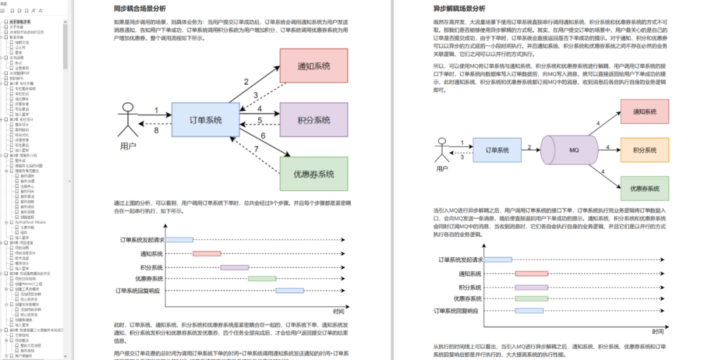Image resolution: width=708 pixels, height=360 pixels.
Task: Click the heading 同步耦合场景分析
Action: click(x=140, y=9)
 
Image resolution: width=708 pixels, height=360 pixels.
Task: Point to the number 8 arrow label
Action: click(x=156, y=130)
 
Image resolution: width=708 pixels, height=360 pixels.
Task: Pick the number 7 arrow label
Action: click(x=258, y=150)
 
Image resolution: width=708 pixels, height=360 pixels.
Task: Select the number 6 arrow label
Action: click(x=263, y=136)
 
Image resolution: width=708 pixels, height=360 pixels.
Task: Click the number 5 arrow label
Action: click(x=260, y=120)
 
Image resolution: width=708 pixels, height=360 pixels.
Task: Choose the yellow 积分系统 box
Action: click(x=644, y=150)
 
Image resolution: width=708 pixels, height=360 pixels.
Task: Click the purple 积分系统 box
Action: click(x=313, y=120)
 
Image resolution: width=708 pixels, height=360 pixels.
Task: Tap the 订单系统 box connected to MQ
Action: click(x=496, y=150)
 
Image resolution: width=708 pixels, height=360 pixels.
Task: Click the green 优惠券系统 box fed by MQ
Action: click(x=644, y=188)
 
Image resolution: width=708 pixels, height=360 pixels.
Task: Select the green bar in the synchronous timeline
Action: click(x=262, y=279)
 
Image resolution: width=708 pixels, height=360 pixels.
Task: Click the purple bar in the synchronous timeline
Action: click(x=234, y=268)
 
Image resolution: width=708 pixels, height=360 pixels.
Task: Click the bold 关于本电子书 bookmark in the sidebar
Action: click(x=20, y=21)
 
